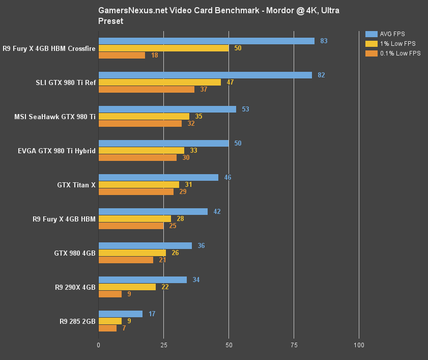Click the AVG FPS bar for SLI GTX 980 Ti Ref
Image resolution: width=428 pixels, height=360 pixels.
click(x=205, y=75)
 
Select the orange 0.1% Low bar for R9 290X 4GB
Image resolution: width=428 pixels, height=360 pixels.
click(x=110, y=294)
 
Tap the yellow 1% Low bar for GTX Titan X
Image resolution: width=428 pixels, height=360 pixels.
click(x=138, y=184)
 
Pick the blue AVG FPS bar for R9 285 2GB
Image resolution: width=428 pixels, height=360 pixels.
click(x=120, y=314)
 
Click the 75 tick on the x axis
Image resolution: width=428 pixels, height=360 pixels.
click(x=294, y=345)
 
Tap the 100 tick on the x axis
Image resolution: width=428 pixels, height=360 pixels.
click(x=359, y=345)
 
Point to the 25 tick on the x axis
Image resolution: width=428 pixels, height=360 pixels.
click(x=163, y=345)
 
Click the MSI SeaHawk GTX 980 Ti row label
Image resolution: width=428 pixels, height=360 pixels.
click(x=55, y=117)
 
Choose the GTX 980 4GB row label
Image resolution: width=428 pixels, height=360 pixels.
click(x=75, y=253)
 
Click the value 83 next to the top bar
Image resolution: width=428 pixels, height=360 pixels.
click(x=324, y=41)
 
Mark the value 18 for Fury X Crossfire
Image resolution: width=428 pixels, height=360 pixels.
click(x=154, y=55)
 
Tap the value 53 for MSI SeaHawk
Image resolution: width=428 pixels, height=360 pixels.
click(x=245, y=109)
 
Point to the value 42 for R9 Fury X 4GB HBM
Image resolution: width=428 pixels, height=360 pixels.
click(x=217, y=211)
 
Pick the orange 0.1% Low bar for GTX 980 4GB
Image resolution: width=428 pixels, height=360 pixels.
click(x=126, y=260)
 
